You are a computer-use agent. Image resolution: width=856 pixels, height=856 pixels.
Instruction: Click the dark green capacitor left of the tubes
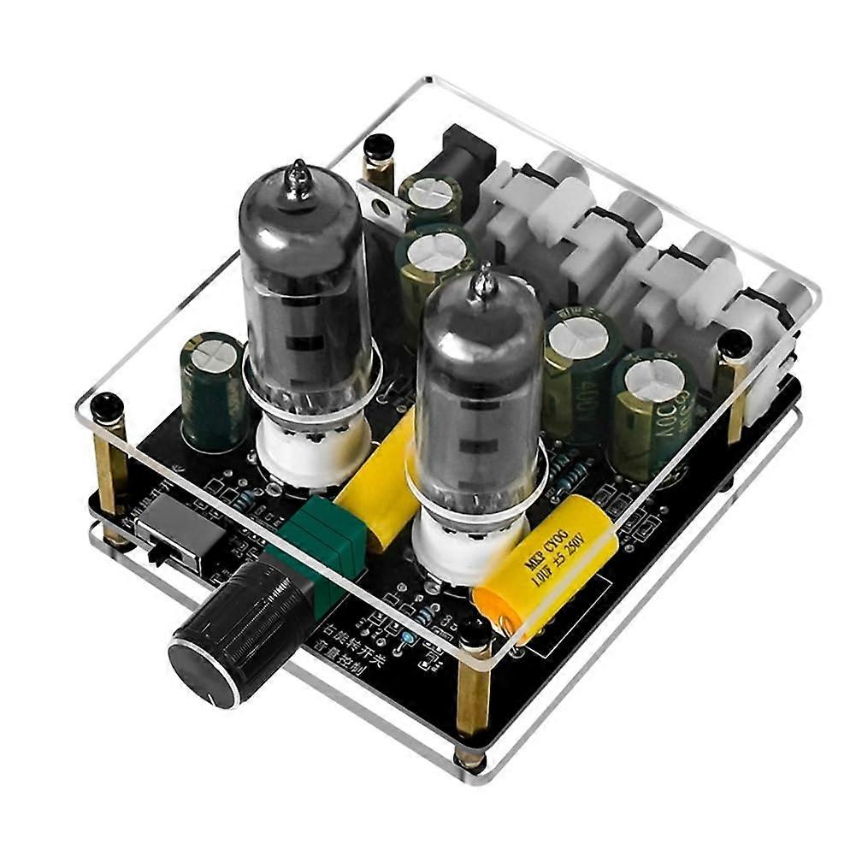click(x=210, y=389)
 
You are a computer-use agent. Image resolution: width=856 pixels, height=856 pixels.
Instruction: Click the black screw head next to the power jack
click(x=375, y=149)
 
